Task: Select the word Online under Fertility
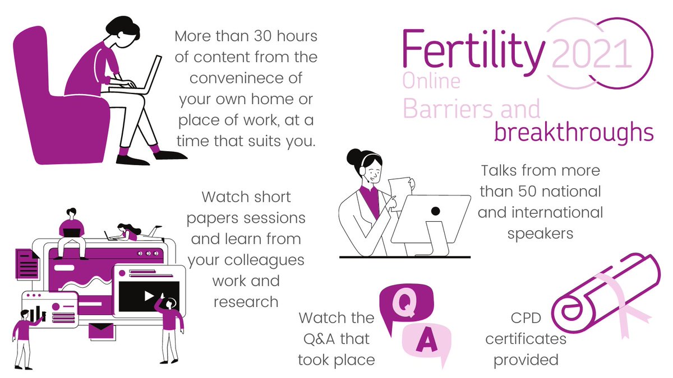tap(431, 82)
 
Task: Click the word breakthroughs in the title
tap(573, 133)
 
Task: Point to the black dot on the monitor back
tap(435, 211)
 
